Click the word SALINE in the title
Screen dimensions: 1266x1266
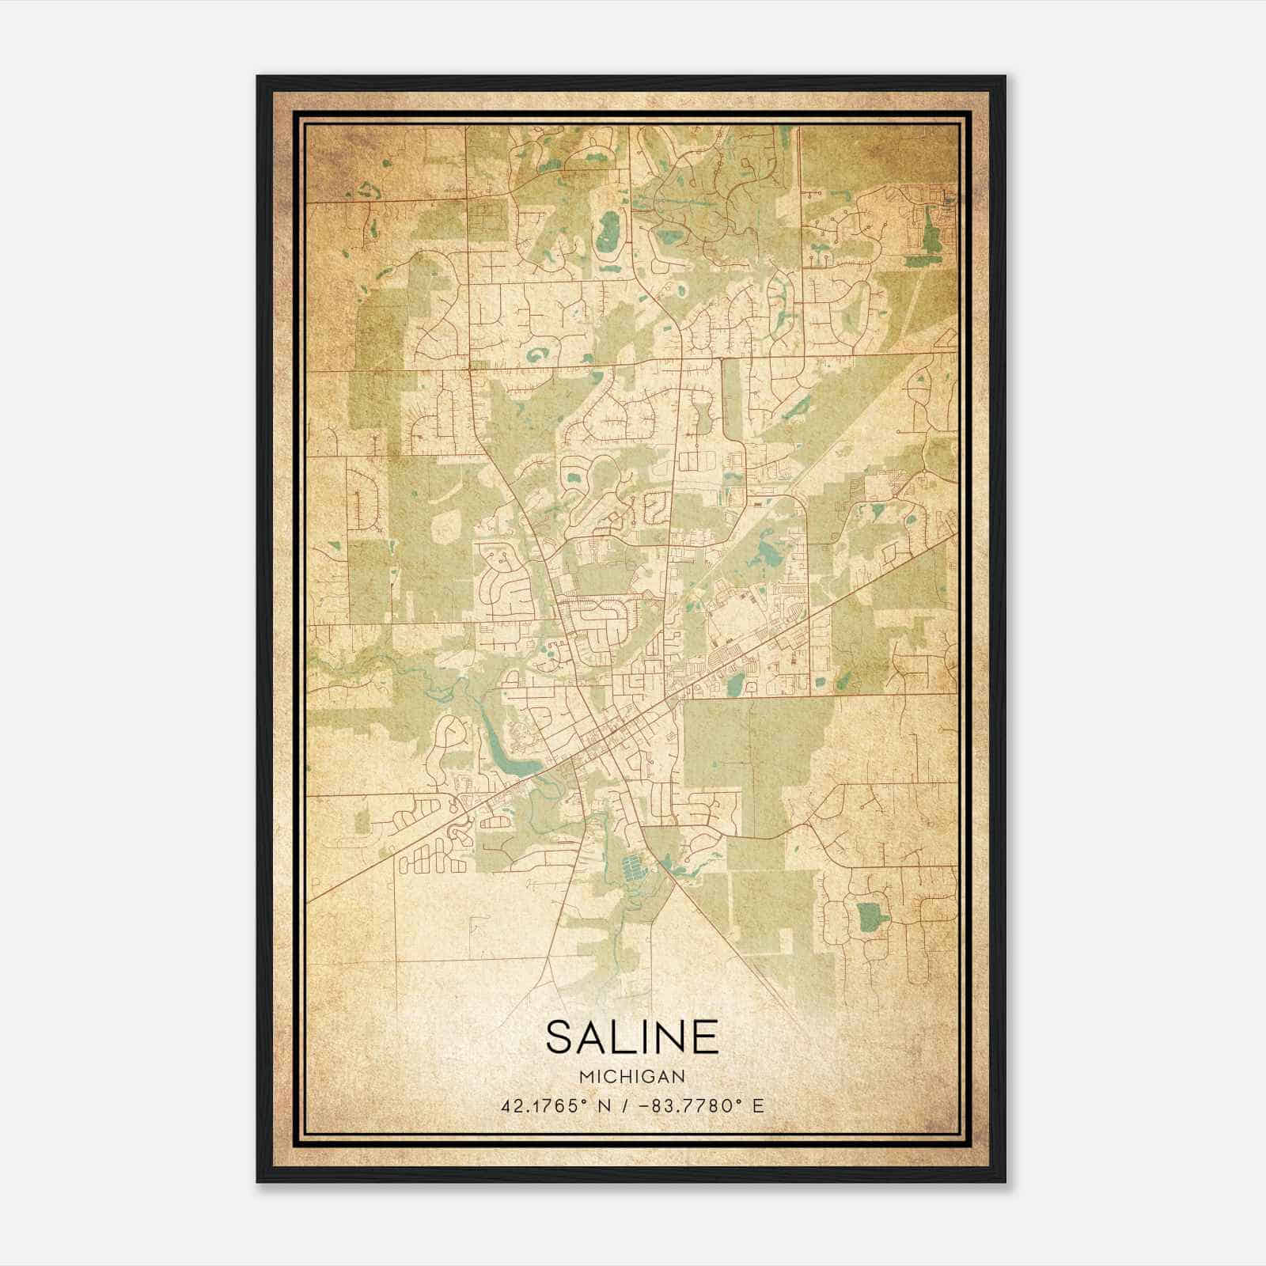pos(631,1037)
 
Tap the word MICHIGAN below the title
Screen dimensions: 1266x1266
pos(631,1076)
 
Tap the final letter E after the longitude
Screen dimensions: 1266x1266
pos(758,1105)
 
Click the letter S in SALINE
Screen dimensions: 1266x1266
pos(559,1037)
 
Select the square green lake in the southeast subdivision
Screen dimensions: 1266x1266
pos(871,915)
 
